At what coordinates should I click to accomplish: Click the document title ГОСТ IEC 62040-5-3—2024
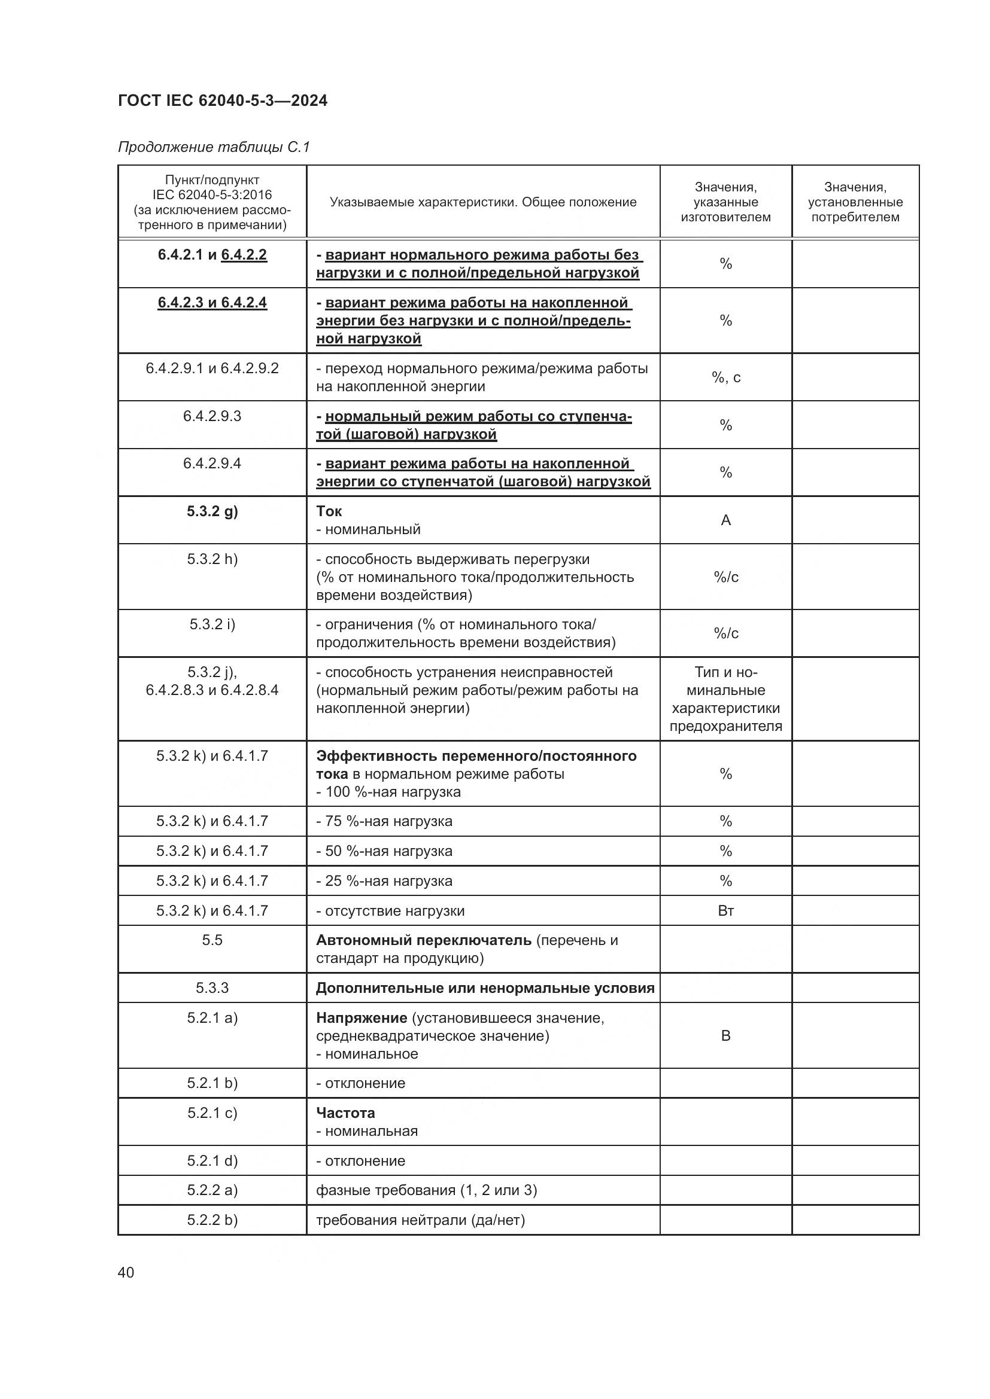click(x=223, y=100)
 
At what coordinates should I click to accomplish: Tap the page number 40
click(x=126, y=1272)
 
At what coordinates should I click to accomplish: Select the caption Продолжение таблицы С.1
click(x=214, y=147)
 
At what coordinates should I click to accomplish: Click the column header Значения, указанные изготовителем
click(x=725, y=202)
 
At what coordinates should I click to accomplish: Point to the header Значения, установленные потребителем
click(x=855, y=202)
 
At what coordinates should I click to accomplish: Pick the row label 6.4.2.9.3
click(x=212, y=416)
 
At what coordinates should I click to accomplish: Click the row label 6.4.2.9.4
click(x=212, y=464)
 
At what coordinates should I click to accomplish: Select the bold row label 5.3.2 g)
click(x=212, y=511)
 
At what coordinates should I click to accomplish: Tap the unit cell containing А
click(x=725, y=520)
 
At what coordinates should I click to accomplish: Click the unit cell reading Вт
click(x=725, y=911)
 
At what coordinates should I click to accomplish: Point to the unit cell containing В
click(x=725, y=1036)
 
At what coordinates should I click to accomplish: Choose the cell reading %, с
click(x=725, y=377)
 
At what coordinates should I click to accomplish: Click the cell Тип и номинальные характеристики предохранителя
click(x=725, y=699)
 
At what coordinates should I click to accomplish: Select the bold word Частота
click(x=345, y=1113)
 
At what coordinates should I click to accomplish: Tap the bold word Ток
click(x=329, y=511)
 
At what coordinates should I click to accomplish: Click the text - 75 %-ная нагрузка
click(x=384, y=821)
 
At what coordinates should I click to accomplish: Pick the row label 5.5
click(x=212, y=940)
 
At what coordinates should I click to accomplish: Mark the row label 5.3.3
click(x=212, y=987)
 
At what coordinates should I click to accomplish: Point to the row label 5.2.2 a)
click(x=212, y=1191)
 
